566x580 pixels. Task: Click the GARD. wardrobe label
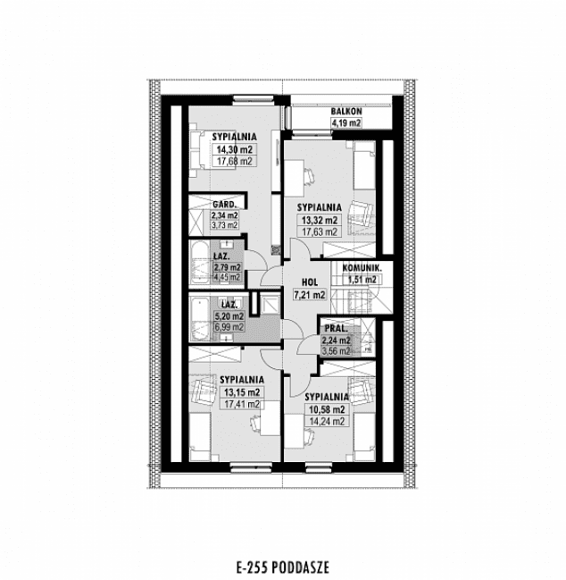point(224,204)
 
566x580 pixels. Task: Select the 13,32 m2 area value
point(320,220)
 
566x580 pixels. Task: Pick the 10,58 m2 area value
point(326,409)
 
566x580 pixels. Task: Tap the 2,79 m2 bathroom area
point(225,266)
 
